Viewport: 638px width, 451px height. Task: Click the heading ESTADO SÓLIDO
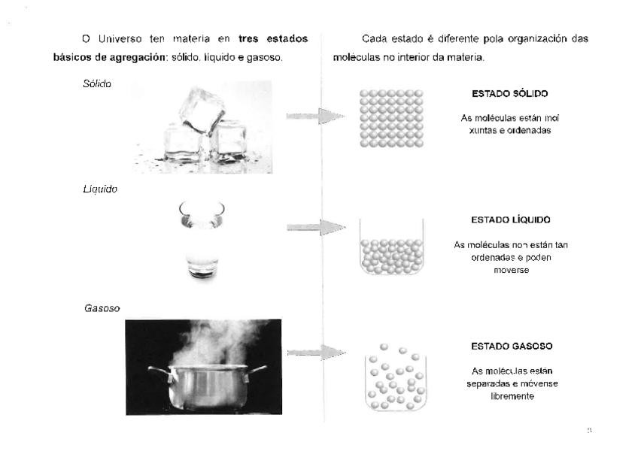point(509,94)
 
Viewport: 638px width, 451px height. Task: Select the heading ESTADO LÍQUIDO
point(511,219)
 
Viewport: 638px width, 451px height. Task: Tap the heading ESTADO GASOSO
point(512,347)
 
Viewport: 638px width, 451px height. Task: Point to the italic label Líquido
point(99,189)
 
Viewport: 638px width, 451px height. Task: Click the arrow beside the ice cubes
point(314,117)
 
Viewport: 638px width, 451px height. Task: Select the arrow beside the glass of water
point(315,227)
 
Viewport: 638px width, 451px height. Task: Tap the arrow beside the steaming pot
point(315,352)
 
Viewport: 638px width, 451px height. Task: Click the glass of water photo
point(202,239)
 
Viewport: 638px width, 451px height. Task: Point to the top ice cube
point(201,109)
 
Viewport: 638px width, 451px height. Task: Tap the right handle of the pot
point(257,369)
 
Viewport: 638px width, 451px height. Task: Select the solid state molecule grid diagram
point(391,118)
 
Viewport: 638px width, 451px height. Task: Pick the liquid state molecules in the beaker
point(391,256)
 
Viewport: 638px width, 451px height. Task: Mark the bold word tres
point(251,38)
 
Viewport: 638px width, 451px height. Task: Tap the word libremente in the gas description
point(512,396)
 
